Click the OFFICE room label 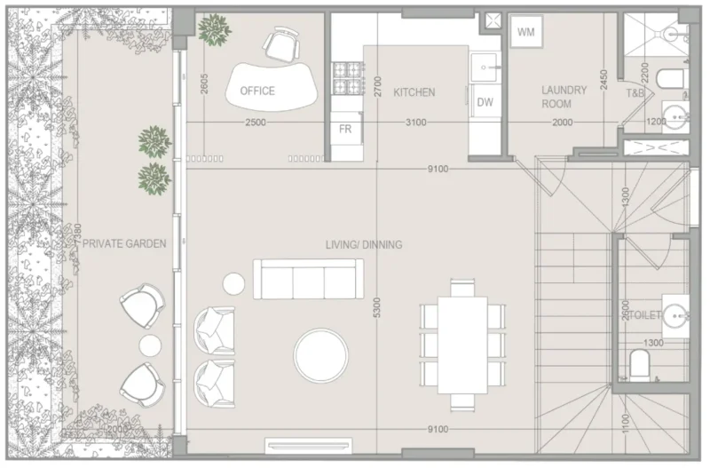[x=257, y=91]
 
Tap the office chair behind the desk [x=281, y=43]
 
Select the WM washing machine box [x=526, y=33]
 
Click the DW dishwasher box [x=485, y=102]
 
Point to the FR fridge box [x=346, y=130]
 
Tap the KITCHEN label [x=414, y=91]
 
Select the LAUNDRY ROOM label [x=564, y=97]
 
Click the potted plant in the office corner [x=213, y=30]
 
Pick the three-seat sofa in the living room [x=308, y=279]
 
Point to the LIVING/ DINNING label [x=364, y=244]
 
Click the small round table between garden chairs [x=150, y=345]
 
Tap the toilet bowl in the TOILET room [x=639, y=364]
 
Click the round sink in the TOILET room [x=678, y=313]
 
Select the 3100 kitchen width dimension [x=414, y=123]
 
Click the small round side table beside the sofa [x=233, y=284]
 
